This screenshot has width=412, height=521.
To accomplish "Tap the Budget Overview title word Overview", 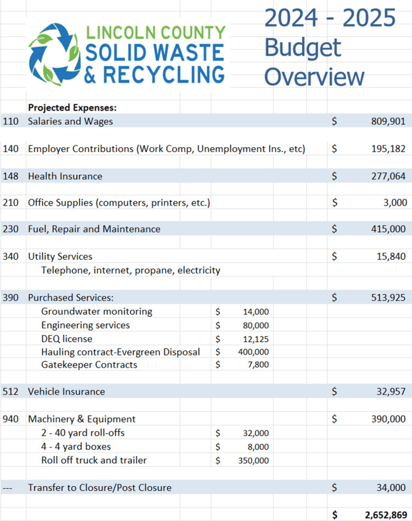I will coord(314,77).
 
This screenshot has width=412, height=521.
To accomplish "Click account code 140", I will coord(11,149).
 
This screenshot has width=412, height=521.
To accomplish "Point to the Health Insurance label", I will coord(65,176).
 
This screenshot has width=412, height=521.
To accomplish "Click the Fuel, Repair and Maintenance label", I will coord(94,229).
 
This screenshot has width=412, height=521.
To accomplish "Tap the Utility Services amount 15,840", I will coord(390,256).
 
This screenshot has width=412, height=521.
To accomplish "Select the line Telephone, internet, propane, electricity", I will coord(131,270).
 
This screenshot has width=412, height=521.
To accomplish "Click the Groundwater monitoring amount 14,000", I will coord(256,312).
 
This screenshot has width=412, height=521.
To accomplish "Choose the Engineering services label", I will coord(85,325).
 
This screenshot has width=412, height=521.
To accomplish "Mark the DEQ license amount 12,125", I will coord(256,339).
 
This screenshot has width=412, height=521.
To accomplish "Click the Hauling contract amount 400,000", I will coord(253,352).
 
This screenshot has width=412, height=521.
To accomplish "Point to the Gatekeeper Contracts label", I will coord(89,365).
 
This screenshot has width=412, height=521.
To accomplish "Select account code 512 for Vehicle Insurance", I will coord(11,391).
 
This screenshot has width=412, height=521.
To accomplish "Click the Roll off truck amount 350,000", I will coord(253,461).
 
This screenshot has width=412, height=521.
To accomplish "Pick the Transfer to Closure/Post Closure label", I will coord(100,487).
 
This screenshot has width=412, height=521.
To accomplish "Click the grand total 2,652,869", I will coord(385,514).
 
